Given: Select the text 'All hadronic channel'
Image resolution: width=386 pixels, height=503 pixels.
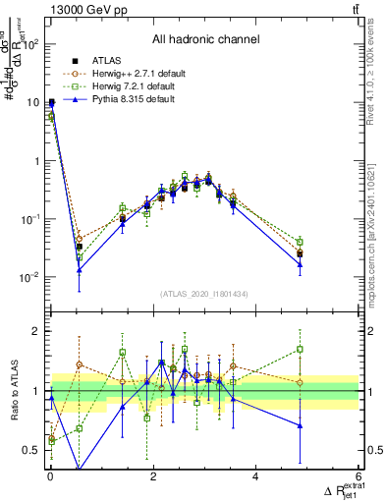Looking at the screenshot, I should click(x=205, y=40).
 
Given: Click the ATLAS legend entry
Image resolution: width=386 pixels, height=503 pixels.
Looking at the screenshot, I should click(x=103, y=61).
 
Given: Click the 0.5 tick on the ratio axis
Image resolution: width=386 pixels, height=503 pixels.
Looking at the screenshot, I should click(x=31, y=451).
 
